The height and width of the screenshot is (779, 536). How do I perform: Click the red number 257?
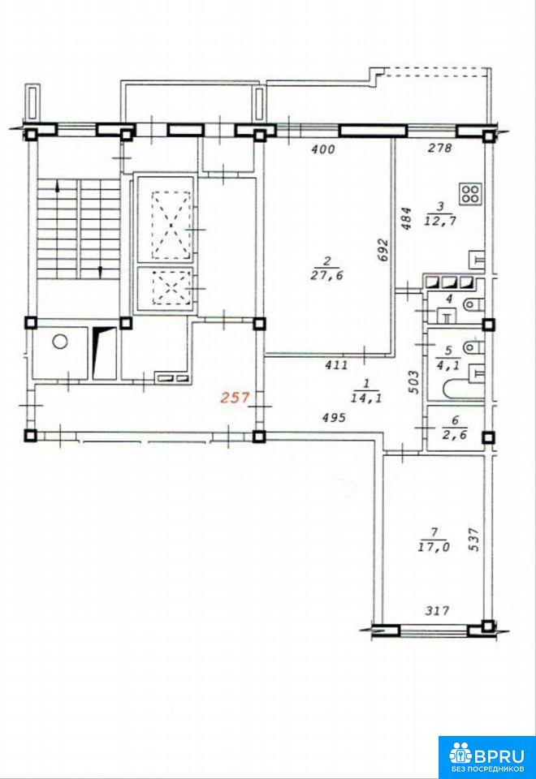pyautogui.click(x=234, y=398)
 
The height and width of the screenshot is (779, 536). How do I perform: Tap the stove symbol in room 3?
pyautogui.click(x=470, y=194)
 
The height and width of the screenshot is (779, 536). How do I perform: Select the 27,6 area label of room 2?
pyautogui.click(x=326, y=275)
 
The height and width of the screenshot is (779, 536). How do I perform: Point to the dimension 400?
pyautogui.click(x=322, y=148)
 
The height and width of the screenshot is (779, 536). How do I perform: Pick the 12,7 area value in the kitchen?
pyautogui.click(x=440, y=221)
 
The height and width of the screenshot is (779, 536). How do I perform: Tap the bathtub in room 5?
pyautogui.click(x=463, y=390)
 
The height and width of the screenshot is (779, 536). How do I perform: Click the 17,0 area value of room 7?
pyautogui.click(x=434, y=547)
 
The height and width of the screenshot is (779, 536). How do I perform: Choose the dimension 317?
pyautogui.click(x=437, y=610)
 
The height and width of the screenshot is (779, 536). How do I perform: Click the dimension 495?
pyautogui.click(x=334, y=418)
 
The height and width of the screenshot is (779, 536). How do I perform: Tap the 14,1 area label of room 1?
pyautogui.click(x=366, y=398)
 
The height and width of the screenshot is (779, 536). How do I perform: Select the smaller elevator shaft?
pyautogui.click(x=165, y=289)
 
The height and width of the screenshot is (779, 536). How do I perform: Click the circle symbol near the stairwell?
pyautogui.click(x=60, y=342)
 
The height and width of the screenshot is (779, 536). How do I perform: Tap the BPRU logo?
pyautogui.click(x=486, y=757)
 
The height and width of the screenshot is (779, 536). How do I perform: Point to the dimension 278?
pyautogui.click(x=440, y=148)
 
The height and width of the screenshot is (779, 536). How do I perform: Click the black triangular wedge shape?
pyautogui.click(x=103, y=351)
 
